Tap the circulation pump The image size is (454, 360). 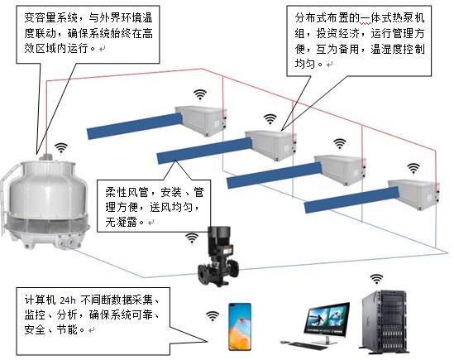[218, 256]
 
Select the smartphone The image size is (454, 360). [240, 327]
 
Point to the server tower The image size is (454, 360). [385, 322]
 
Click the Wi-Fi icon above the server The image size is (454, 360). [376, 279]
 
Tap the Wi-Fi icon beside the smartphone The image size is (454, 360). [213, 316]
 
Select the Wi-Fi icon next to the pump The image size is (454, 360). [192, 238]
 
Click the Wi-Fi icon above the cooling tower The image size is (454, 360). [61, 148]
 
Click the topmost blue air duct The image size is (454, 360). [135, 126]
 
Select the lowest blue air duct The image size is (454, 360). [351, 200]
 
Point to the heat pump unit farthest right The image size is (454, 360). [413, 194]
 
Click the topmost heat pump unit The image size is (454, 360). [200, 120]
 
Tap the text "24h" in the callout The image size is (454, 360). [68, 300]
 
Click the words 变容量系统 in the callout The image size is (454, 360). [51, 18]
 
